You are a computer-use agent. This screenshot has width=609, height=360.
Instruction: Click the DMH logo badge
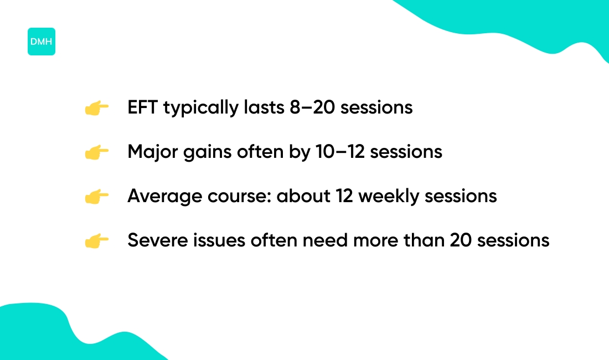(42, 42)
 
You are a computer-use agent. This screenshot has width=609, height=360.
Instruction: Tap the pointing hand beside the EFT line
(96, 108)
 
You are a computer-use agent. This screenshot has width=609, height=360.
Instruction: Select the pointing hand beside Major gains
(96, 152)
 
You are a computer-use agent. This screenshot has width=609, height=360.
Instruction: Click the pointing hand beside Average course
(96, 197)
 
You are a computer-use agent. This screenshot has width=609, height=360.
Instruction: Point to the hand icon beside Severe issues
(96, 241)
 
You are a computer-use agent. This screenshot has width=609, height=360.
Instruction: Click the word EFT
(143, 107)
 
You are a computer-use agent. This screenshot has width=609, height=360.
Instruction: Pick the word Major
(149, 152)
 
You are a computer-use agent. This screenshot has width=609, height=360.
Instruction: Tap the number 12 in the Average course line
(344, 196)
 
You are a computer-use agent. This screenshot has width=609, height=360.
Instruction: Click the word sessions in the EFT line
(376, 107)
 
